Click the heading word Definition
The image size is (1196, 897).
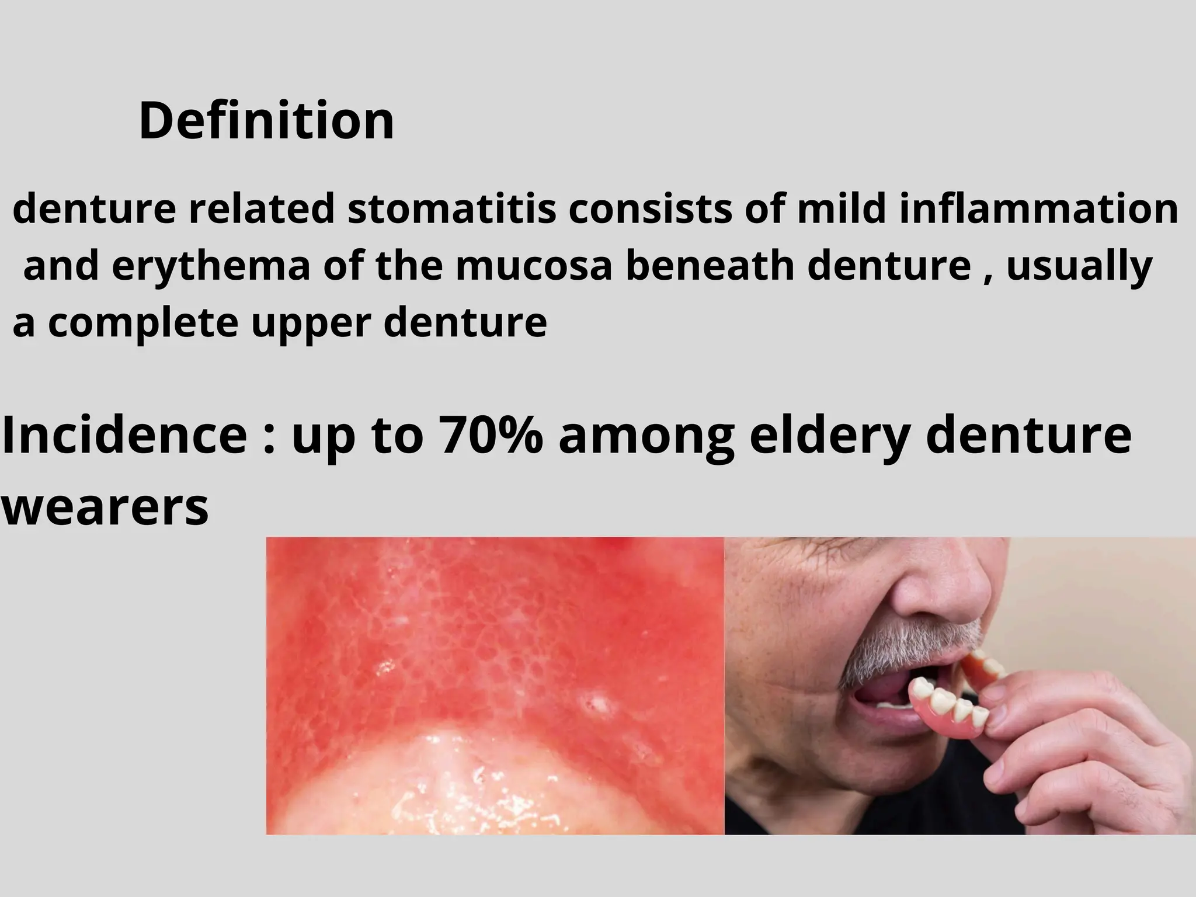pyautogui.click(x=266, y=121)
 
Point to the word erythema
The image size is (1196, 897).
pyautogui.click(x=210, y=266)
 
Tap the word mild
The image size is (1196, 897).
pyautogui.click(x=840, y=210)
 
